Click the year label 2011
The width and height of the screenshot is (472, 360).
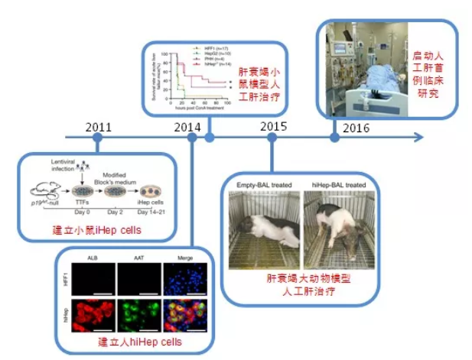tap(100, 127)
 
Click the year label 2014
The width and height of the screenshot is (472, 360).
tap(187, 127)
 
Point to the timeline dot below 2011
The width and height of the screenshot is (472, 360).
tap(97, 138)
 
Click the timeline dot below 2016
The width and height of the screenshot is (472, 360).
tap(334, 138)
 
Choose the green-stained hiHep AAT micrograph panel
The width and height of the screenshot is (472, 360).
tap(135, 311)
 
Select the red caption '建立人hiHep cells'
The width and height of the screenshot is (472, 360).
tap(135, 345)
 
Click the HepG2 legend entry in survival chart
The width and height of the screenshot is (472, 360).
tap(219, 53)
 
